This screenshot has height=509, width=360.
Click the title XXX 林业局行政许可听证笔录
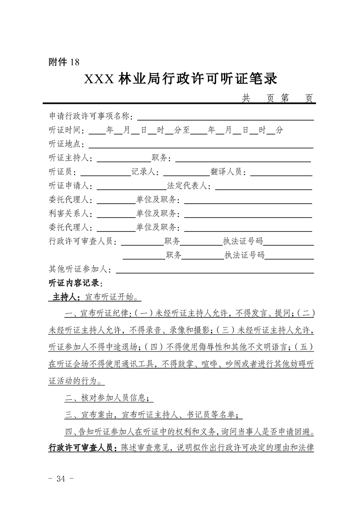[x=180, y=79]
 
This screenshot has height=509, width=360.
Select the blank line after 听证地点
[x=201, y=146]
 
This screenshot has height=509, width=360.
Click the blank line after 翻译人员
[x=281, y=173]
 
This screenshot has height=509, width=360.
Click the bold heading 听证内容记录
[x=75, y=284]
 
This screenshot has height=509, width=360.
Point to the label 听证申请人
[x=71, y=186]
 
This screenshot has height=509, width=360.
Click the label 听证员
[x=64, y=172]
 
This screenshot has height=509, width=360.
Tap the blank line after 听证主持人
[x=123, y=160]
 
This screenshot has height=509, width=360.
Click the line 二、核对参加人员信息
[x=109, y=398]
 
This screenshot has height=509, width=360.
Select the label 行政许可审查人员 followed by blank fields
[x=82, y=242]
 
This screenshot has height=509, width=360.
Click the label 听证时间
[x=67, y=131]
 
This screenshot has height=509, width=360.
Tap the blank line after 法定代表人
[x=263, y=187]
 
